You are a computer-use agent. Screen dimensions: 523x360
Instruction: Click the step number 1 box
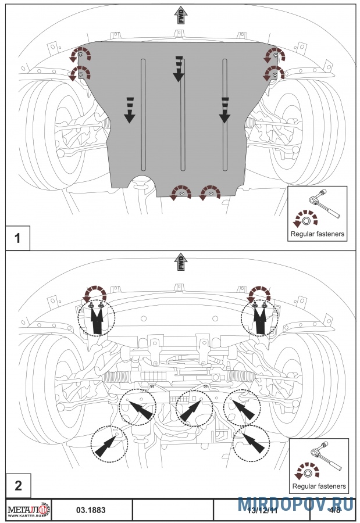(x=17, y=238)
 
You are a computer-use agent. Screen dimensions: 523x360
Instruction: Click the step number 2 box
(x=17, y=485)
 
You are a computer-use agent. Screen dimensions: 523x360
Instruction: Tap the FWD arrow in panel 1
(x=180, y=15)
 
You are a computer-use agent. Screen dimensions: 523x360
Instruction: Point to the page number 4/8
(x=334, y=510)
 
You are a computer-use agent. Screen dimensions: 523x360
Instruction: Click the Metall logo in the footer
(x=28, y=510)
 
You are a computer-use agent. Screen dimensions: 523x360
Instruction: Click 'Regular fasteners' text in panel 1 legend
(x=318, y=235)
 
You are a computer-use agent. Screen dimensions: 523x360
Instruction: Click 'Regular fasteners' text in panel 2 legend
(x=319, y=486)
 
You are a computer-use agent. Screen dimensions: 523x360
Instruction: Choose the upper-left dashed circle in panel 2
(x=97, y=317)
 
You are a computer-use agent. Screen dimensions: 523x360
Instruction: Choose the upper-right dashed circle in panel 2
(x=260, y=317)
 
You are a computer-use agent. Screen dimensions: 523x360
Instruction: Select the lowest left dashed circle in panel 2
(x=109, y=443)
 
